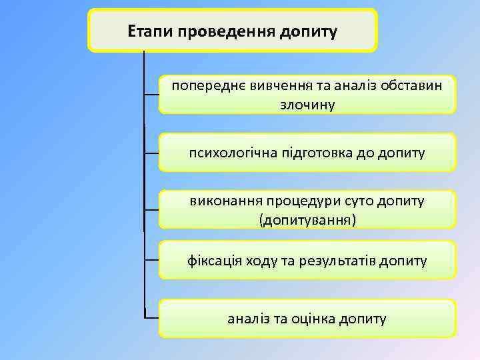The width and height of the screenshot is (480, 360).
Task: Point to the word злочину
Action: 307,104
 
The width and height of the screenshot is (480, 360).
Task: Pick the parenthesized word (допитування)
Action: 307,219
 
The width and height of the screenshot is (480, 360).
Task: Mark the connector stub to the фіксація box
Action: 152,259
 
